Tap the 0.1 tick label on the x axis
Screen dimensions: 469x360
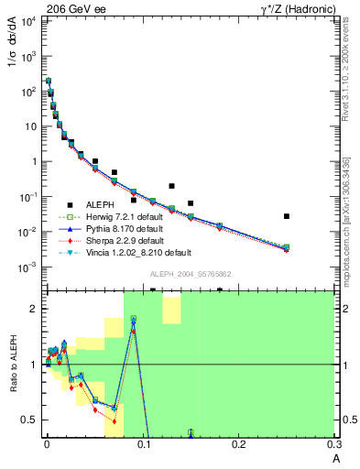pyautogui.click(x=143, y=444)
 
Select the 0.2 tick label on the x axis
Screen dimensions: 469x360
pyautogui.click(x=239, y=444)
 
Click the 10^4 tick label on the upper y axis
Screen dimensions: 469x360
pyautogui.click(x=31, y=20)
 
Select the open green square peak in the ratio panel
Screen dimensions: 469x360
pyautogui.click(x=133, y=319)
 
